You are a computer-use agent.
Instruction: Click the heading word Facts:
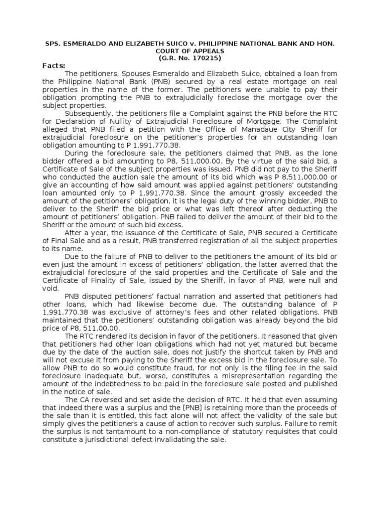[54, 65]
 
